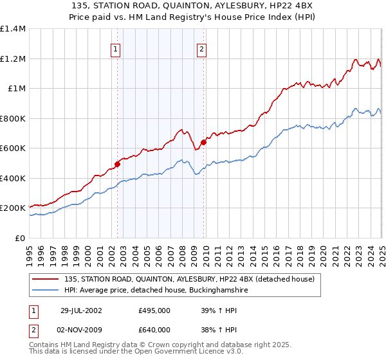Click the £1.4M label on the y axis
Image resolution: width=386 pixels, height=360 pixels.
pyautogui.click(x=12, y=29)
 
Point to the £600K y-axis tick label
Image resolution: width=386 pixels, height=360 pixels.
pyautogui.click(x=12, y=148)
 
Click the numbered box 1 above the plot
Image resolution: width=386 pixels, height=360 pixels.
pyautogui.click(x=115, y=50)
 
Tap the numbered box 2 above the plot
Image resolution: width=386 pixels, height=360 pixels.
pyautogui.click(x=201, y=50)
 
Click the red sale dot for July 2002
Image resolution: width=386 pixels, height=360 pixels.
pyautogui.click(x=118, y=164)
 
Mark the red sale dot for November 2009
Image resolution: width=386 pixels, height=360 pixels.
pyautogui.click(x=203, y=142)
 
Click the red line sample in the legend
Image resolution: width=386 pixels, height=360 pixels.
pyautogui.click(x=45, y=279)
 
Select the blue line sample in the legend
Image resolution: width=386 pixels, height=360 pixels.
pyautogui.click(x=45, y=291)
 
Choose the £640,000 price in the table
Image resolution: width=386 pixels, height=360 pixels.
pyautogui.click(x=154, y=330)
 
